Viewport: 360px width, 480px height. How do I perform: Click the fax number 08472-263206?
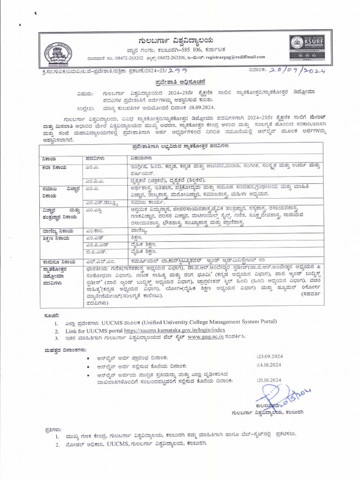pyautogui.click(x=170, y=57)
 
